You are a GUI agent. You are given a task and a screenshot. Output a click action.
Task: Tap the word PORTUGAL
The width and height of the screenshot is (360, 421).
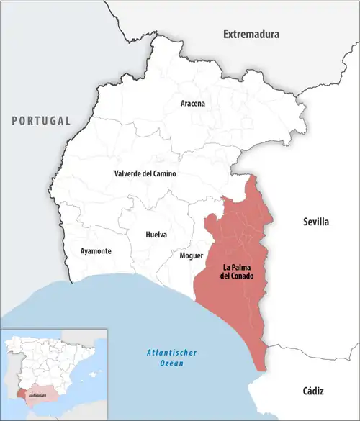point(40,120)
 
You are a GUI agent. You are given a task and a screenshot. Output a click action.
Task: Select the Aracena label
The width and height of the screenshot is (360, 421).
point(192,104)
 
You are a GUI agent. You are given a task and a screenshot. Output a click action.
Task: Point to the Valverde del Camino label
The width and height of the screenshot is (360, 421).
point(145,174)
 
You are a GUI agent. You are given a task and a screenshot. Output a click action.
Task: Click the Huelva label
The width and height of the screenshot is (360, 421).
point(156,235)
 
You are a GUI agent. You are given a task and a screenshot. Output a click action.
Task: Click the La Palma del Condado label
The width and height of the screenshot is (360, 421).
point(238,271)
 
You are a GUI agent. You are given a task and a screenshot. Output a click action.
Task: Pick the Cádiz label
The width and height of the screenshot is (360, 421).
point(312,391)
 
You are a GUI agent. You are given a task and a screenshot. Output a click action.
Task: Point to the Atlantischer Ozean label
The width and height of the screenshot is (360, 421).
point(166,358)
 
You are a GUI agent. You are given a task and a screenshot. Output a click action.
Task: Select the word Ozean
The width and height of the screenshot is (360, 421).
point(166,364)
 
